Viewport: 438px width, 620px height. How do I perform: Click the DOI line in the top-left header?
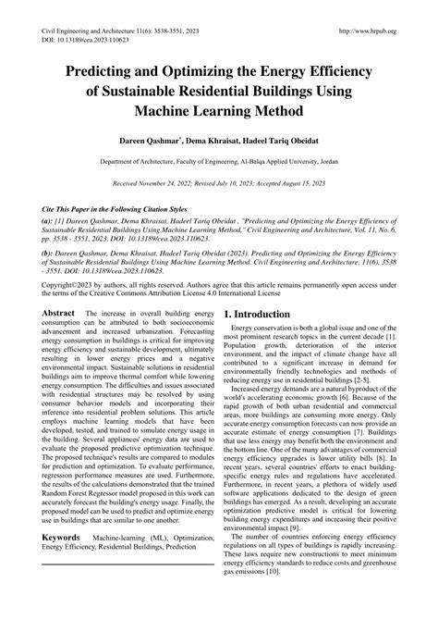point(82,41)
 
